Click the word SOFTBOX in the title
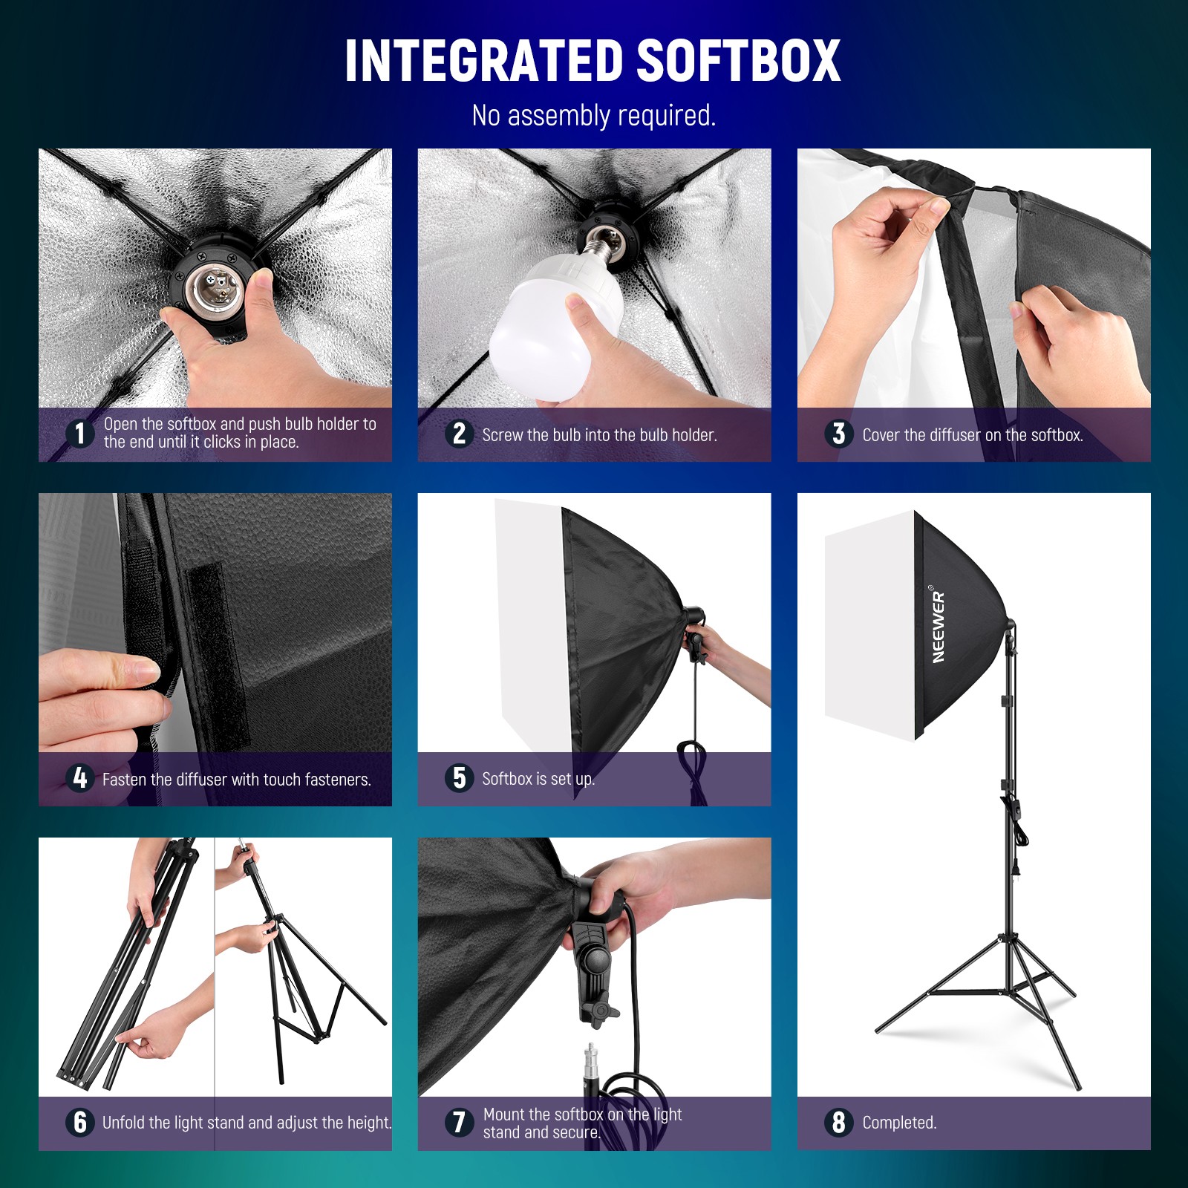[738, 61]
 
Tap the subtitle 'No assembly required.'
[593, 116]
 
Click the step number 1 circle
[79, 433]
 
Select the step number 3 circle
[838, 434]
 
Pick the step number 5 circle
[459, 777]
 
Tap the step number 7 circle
[459, 1122]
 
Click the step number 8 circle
[838, 1122]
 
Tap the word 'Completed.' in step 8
[899, 1123]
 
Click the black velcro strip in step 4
[215, 639]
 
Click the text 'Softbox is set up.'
[538, 779]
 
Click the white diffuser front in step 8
[869, 624]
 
